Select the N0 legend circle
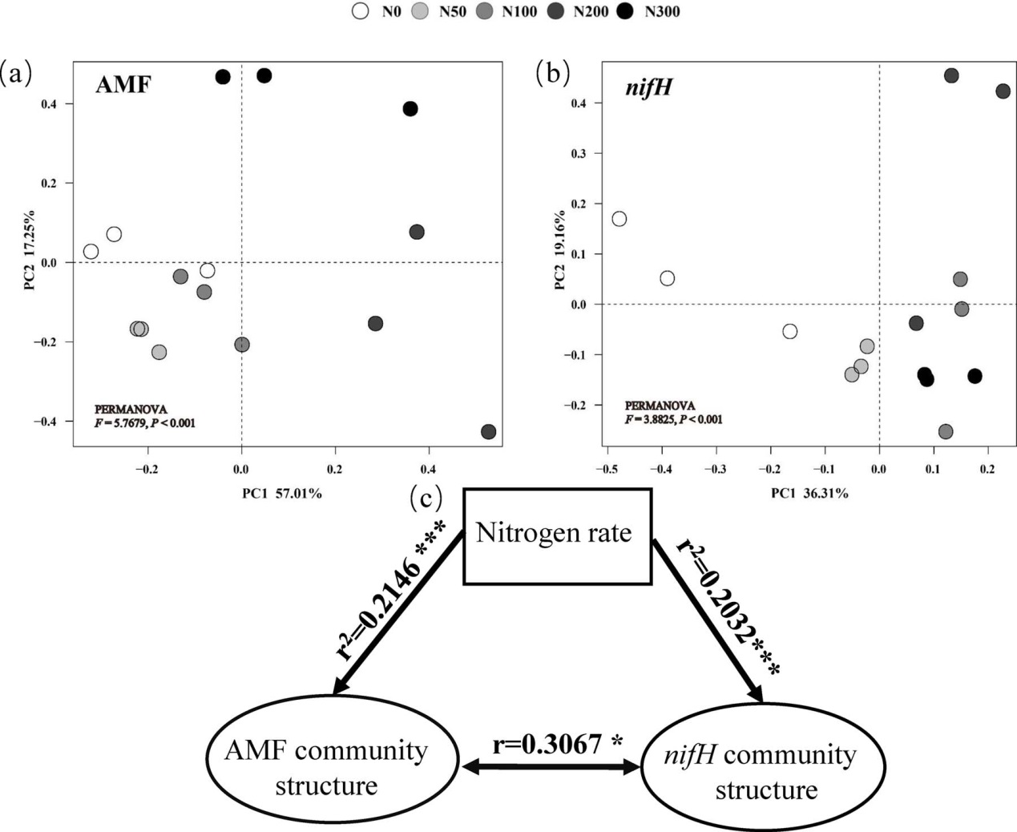361,11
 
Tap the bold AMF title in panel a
123,84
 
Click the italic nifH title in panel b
648,87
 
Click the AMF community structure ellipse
326,767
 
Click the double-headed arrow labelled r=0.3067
554,767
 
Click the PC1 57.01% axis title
282,494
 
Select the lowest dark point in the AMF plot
488,431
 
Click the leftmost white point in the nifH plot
619,219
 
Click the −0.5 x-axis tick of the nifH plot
606,468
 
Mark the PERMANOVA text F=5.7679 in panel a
145,423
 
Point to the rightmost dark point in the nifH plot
1003,91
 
